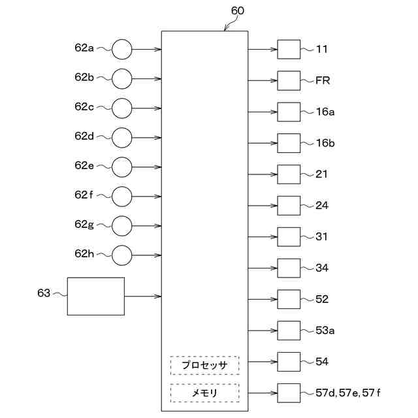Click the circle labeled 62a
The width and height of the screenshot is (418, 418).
click(x=121, y=49)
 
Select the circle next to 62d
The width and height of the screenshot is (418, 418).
click(x=121, y=137)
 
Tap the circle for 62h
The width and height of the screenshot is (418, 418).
click(x=121, y=255)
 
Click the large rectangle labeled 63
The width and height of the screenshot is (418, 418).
click(x=96, y=296)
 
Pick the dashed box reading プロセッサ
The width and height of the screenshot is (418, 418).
click(x=204, y=365)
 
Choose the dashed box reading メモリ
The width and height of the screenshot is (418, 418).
click(x=204, y=393)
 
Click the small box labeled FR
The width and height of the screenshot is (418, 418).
click(x=289, y=80)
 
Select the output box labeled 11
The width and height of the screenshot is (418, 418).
click(x=289, y=49)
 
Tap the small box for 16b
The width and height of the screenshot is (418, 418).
click(x=289, y=143)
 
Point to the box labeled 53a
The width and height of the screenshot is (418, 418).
click(x=289, y=330)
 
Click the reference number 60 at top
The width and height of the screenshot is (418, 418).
click(x=238, y=11)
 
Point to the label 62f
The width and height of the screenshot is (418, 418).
click(x=84, y=195)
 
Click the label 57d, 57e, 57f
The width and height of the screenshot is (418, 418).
click(x=348, y=393)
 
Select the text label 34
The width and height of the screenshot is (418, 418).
click(x=322, y=268)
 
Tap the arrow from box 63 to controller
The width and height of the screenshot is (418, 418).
click(x=142, y=296)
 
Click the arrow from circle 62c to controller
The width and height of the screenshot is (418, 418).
click(x=146, y=108)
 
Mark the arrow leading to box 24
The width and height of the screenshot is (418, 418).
click(x=263, y=206)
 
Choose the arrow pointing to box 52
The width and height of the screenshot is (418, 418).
click(x=263, y=299)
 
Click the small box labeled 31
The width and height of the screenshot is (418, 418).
click(x=289, y=236)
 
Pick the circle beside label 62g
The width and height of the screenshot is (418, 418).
click(x=121, y=225)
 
